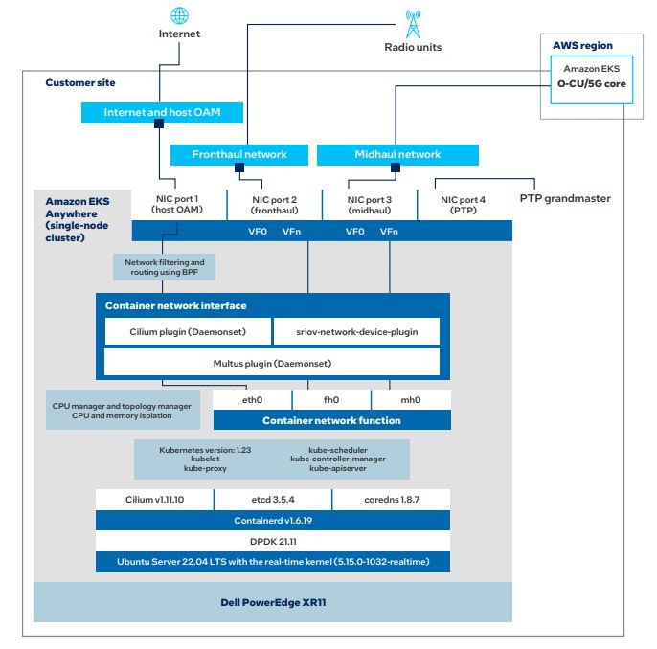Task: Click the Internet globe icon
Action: [179, 15]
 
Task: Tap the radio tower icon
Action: [413, 24]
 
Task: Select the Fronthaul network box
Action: [239, 154]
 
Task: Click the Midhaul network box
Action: [397, 154]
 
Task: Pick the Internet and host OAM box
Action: [162, 113]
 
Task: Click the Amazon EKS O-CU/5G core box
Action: [591, 79]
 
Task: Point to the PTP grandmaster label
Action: [565, 198]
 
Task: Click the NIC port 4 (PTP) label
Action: [463, 205]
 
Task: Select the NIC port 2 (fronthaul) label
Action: [275, 205]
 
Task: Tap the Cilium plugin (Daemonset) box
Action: [188, 331]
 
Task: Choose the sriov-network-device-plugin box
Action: [356, 331]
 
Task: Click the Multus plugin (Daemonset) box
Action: [272, 363]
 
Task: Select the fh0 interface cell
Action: [331, 400]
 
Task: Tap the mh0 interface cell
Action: [411, 400]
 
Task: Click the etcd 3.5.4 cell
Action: [273, 500]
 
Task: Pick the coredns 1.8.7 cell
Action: [392, 500]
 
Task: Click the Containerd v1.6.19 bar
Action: [273, 521]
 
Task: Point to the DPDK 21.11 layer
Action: [273, 541]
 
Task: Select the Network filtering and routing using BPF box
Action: [165, 267]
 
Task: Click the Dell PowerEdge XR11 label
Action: [273, 602]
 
